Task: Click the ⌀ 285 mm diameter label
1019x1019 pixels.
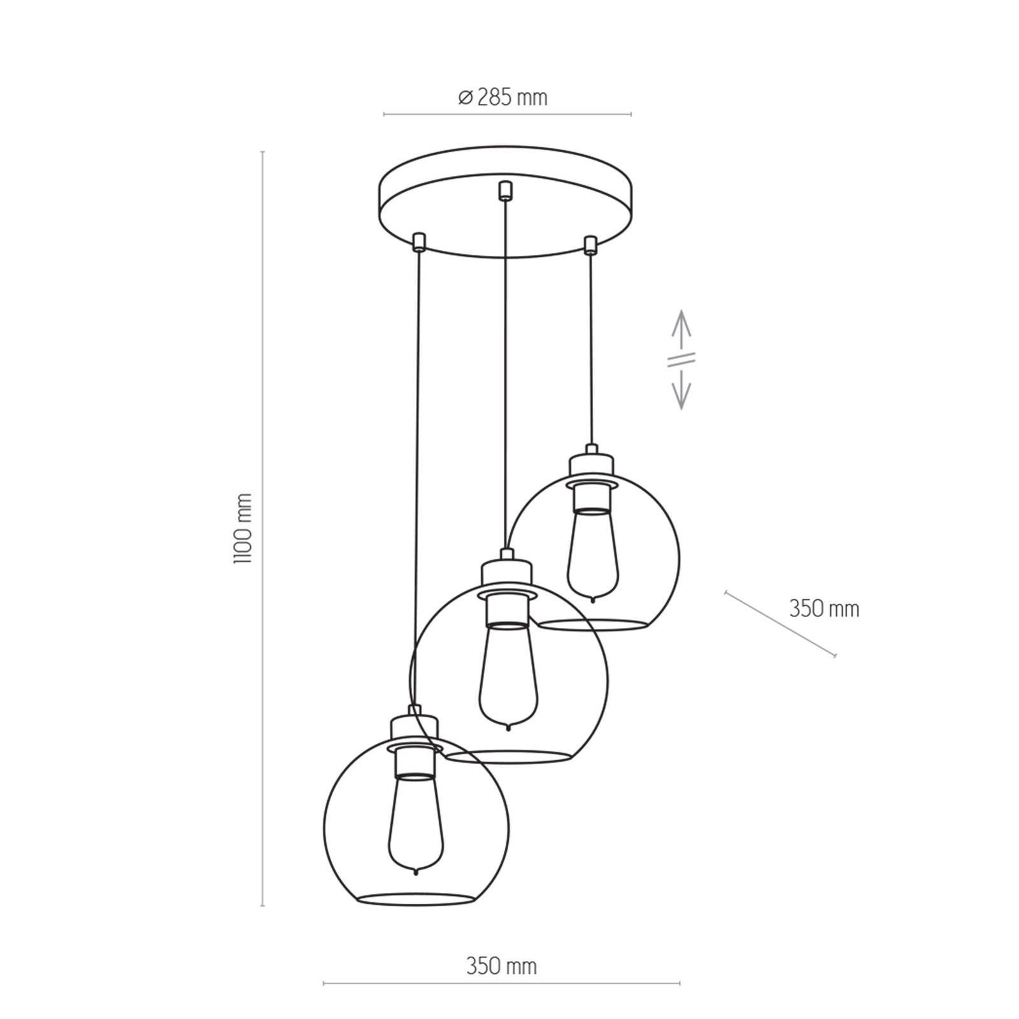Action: [502, 97]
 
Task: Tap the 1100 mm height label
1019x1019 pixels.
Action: [243, 528]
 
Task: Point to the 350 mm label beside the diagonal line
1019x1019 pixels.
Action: [824, 609]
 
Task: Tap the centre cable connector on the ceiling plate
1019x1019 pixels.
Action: [505, 190]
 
